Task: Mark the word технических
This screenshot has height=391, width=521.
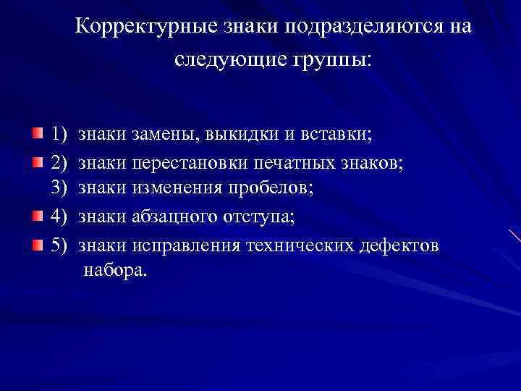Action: [299, 245]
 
